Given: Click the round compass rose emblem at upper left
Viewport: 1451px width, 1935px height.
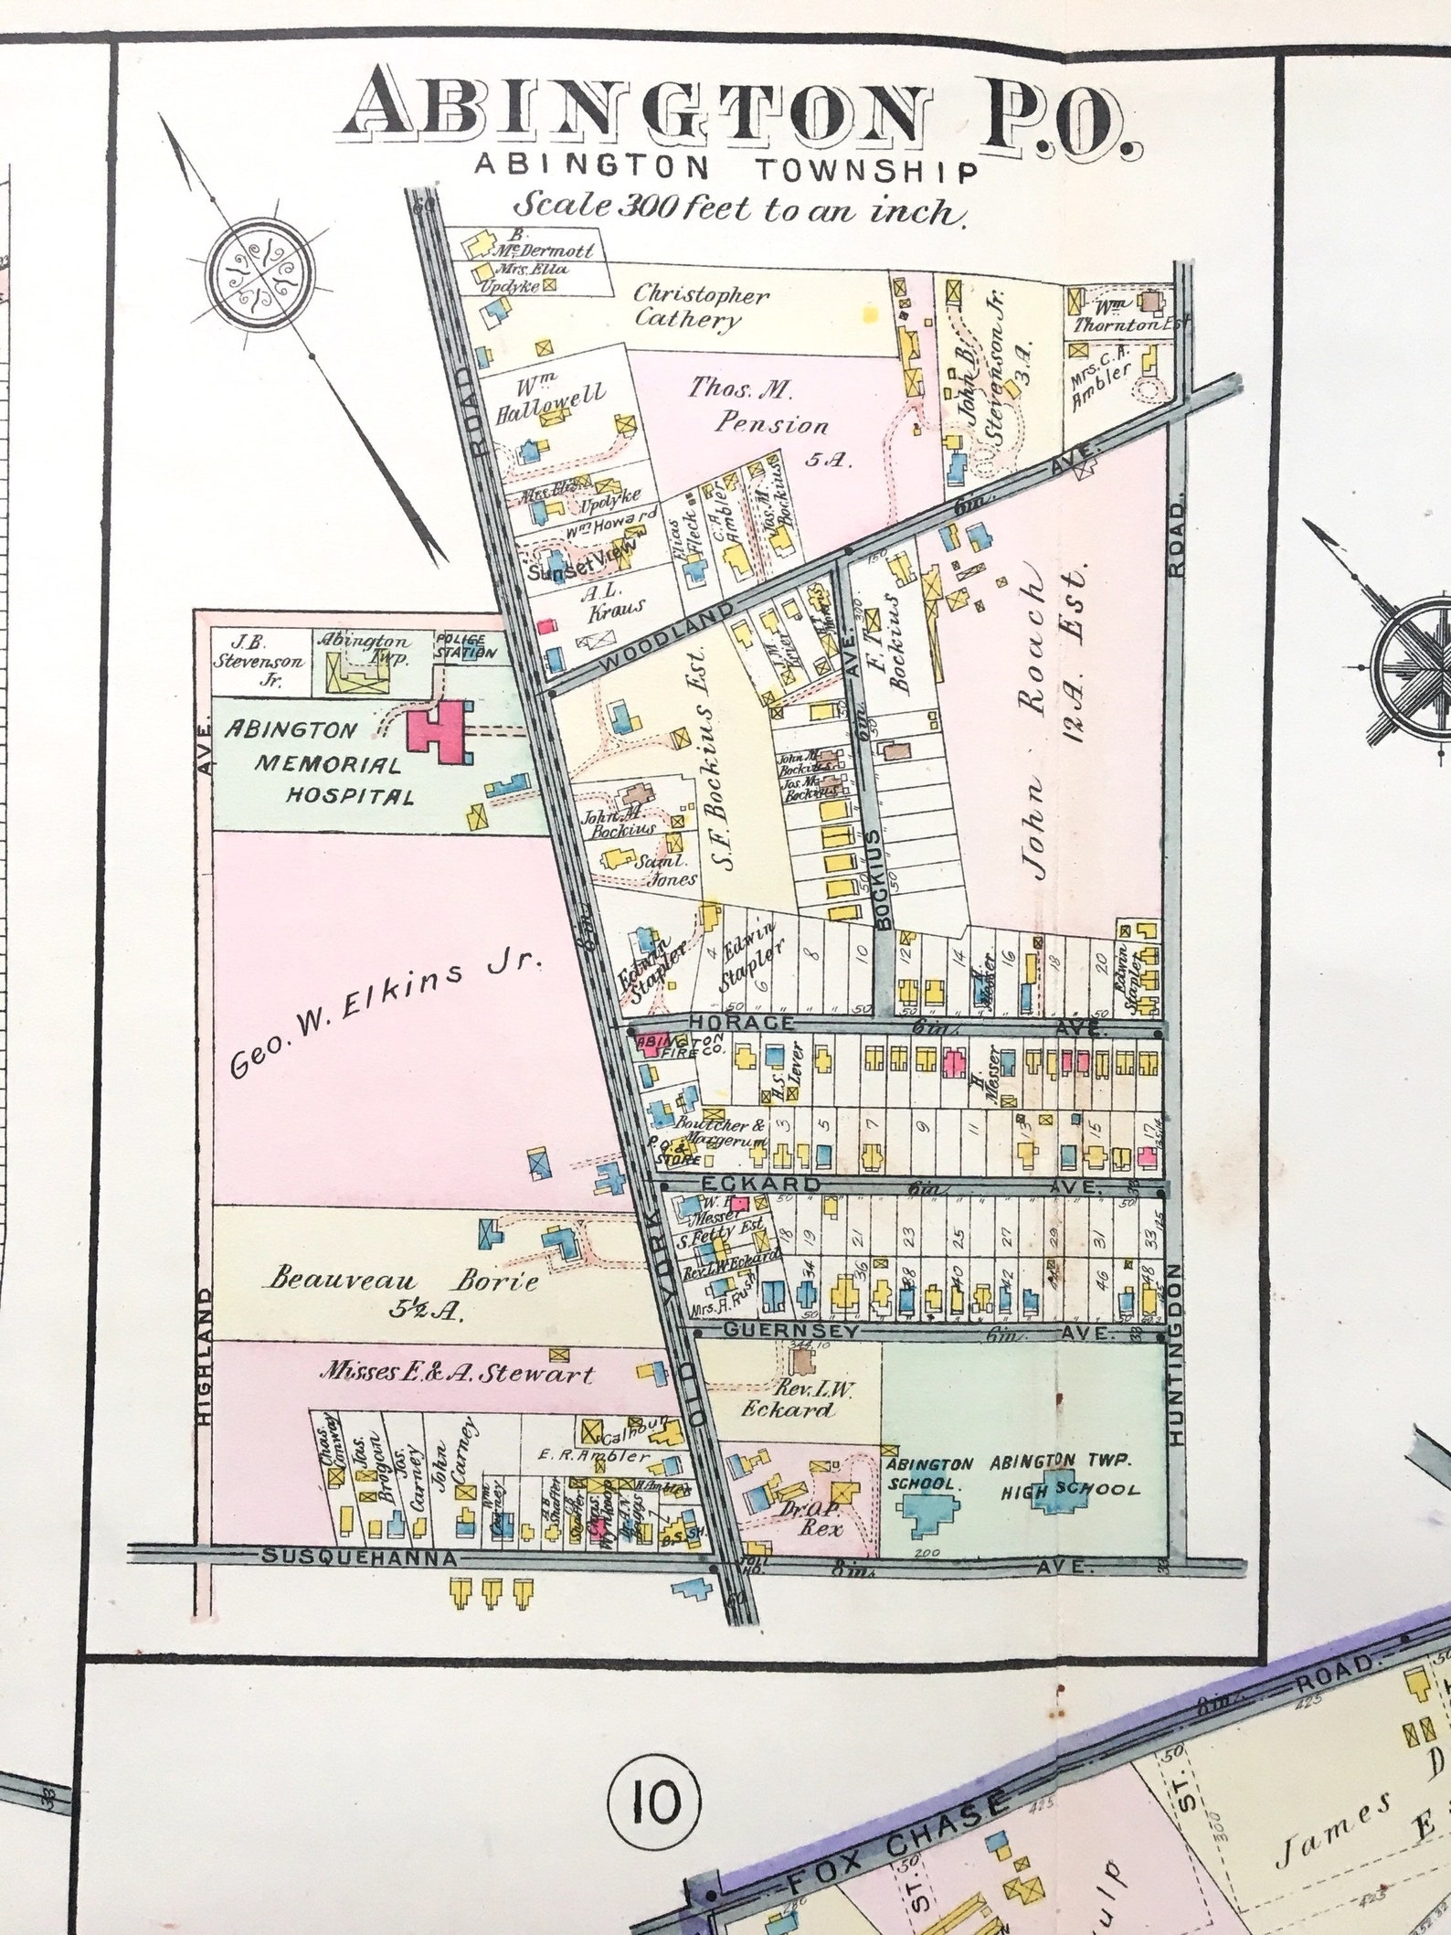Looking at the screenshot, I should [x=259, y=272].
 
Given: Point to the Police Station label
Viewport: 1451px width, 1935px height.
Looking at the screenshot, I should [x=466, y=645].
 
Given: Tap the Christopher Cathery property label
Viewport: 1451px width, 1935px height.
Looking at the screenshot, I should [x=701, y=306].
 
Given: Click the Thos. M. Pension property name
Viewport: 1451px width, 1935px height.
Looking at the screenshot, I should [x=757, y=407].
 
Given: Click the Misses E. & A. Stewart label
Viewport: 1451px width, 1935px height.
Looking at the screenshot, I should [x=456, y=1374].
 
